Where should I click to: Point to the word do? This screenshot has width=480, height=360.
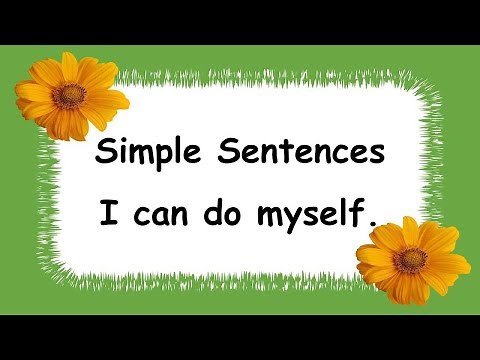click(x=233, y=213)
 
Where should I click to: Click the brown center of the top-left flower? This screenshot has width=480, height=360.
click(x=70, y=96)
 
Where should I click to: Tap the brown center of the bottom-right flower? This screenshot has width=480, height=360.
click(x=410, y=260)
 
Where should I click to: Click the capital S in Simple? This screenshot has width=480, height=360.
click(x=105, y=153)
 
